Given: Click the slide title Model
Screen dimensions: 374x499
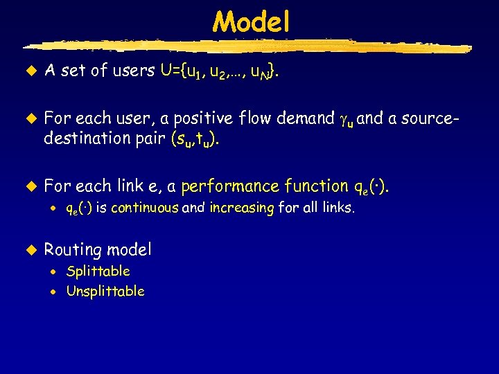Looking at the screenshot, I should point(251,22).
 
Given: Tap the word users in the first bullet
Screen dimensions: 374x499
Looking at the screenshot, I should point(132,70).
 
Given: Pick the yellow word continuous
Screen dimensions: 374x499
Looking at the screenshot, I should point(144,207).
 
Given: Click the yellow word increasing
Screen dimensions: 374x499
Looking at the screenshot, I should point(242,207).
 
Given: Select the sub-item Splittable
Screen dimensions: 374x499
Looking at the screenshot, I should point(98,271).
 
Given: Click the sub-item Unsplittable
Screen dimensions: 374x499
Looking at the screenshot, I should point(105,291).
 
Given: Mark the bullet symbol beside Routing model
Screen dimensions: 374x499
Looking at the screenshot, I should point(30,249).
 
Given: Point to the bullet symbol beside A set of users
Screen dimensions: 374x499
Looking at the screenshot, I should point(30,69).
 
